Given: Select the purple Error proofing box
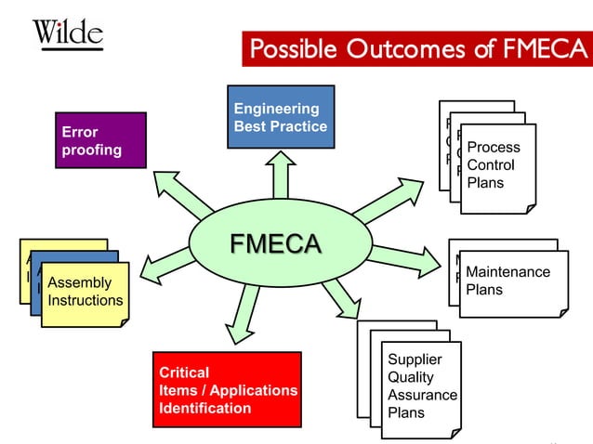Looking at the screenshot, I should point(100,140).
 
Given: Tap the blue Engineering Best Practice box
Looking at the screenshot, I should point(281,117).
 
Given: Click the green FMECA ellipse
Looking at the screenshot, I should point(275,244).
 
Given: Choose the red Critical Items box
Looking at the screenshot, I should point(228,389).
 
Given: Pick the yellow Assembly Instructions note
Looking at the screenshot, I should point(85,292).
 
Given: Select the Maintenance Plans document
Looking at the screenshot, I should point(512,281).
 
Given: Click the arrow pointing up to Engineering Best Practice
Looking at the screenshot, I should point(279,176).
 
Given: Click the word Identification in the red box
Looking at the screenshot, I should point(205,408).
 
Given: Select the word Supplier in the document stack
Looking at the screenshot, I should point(415,359).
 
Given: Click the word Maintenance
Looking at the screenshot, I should point(507,272).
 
